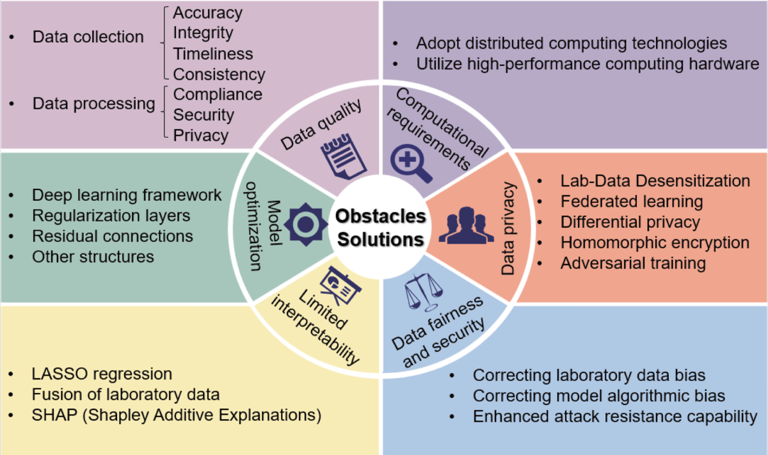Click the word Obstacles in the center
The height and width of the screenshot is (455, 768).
381,216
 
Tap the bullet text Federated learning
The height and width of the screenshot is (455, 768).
632,202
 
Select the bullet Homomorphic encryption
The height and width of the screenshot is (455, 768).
655,243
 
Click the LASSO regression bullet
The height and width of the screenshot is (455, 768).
102,374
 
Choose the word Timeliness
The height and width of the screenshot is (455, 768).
213,54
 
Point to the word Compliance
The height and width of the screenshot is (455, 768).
218,94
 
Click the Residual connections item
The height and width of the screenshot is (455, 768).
112,235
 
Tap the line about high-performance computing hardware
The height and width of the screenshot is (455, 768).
588,64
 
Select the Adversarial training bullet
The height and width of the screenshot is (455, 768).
633,263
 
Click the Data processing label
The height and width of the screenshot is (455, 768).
93,104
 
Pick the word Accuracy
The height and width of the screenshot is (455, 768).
208,13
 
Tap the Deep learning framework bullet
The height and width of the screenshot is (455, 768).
127,195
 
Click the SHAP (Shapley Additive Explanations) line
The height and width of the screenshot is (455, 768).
176,415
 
